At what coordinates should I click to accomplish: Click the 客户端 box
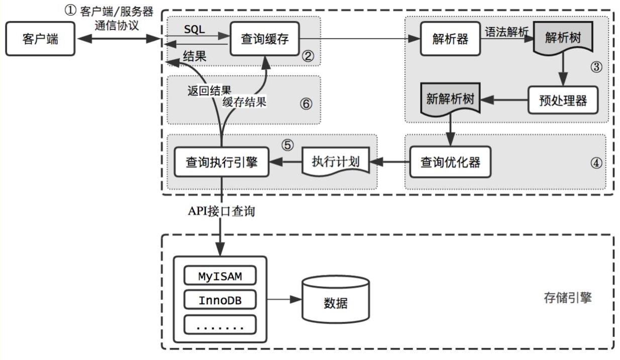click(41, 39)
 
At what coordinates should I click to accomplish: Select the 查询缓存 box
click(265, 39)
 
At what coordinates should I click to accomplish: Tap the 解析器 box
click(450, 39)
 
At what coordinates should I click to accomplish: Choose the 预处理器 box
click(564, 100)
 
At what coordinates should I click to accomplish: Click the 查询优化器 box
click(450, 162)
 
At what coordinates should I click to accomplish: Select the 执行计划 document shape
click(335, 162)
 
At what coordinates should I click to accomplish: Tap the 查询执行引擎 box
click(222, 162)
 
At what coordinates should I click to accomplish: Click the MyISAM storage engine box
click(220, 276)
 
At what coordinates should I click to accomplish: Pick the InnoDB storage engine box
click(220, 300)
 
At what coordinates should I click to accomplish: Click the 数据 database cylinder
click(335, 303)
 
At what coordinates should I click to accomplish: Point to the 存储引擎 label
click(568, 298)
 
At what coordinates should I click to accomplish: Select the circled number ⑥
click(305, 104)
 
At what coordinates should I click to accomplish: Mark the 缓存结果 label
click(244, 102)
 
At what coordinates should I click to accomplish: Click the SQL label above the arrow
click(195, 29)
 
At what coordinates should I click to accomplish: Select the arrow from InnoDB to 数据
click(284, 300)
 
